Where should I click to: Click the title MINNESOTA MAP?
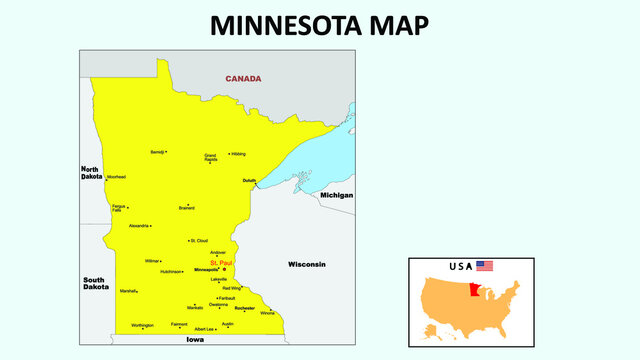pyautogui.click(x=320, y=25)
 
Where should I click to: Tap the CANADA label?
pyautogui.click(x=243, y=78)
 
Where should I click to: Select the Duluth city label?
pyautogui.click(x=249, y=180)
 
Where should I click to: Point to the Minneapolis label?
pyautogui.click(x=206, y=270)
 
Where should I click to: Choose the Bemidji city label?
pyautogui.click(x=157, y=152)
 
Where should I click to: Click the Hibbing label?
pyautogui.click(x=238, y=154)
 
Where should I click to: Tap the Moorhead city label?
pyautogui.click(x=116, y=176)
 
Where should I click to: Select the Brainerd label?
pyautogui.click(x=186, y=208)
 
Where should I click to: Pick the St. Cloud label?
pyautogui.click(x=199, y=241)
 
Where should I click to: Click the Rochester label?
pyautogui.click(x=245, y=308)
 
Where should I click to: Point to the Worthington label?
pyautogui.click(x=142, y=325)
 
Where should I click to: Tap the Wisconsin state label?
pyautogui.click(x=307, y=264)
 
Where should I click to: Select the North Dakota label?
pyautogui.click(x=92, y=172)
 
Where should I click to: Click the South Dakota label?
pyautogui.click(x=96, y=283)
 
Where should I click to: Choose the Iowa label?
pyautogui.click(x=194, y=340)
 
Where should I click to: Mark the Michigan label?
pyautogui.click(x=336, y=195)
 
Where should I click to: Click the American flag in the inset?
pyautogui.click(x=485, y=266)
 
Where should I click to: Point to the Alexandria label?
pyautogui.click(x=139, y=226)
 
